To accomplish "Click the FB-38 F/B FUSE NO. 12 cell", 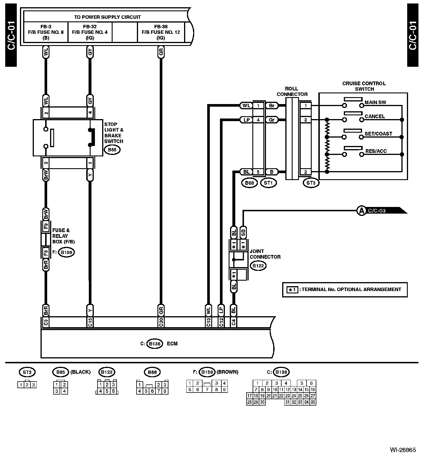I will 161,32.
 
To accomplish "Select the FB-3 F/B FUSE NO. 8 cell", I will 46,32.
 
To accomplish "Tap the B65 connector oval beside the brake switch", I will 112,150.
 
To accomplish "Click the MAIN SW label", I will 375,102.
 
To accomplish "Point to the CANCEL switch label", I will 375,116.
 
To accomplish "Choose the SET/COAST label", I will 378,134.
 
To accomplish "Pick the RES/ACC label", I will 376,151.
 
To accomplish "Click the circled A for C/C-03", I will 361,211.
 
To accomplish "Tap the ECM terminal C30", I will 161,322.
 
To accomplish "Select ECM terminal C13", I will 208,322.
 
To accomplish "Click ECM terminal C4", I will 234,322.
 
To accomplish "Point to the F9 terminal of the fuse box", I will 46,226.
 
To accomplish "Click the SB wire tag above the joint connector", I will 243,232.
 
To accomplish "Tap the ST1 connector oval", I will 268,183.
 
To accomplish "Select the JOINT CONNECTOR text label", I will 265,254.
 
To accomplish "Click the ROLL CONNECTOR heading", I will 292,91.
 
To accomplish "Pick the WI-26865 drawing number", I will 403,450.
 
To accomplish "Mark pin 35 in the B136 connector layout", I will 313,402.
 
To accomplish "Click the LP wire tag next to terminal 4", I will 246,120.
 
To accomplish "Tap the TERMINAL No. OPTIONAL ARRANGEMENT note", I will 351,289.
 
